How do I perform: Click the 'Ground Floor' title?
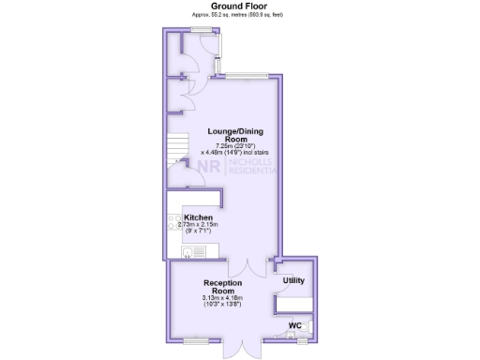[x=238, y=6]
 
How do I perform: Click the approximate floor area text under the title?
[x=238, y=14]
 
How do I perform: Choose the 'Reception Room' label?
[x=222, y=286]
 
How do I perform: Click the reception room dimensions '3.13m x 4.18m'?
[x=222, y=298]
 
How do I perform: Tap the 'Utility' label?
[x=293, y=280]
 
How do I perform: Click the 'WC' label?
[x=293, y=325]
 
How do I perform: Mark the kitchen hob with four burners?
[x=174, y=224]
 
